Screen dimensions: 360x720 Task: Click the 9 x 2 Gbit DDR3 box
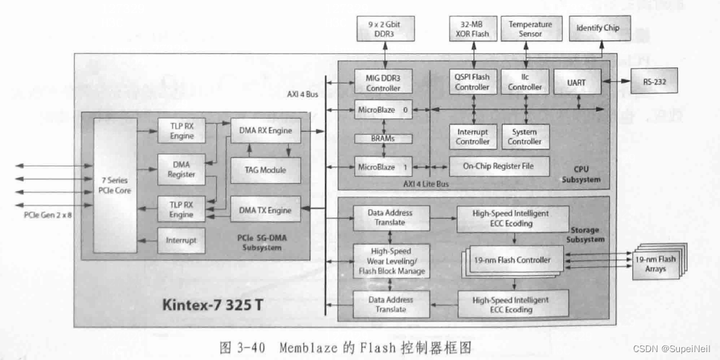click(384, 29)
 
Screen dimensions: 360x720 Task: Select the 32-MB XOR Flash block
click(472, 29)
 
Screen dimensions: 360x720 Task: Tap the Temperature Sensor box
click(530, 29)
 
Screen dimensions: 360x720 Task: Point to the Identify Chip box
click(598, 28)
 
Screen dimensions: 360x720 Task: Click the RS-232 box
click(654, 83)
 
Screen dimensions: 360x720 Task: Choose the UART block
click(576, 83)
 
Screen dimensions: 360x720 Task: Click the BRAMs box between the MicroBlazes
click(383, 139)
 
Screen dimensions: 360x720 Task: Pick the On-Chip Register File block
click(500, 167)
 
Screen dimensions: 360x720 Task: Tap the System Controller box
click(525, 136)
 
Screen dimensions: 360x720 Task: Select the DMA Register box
click(181, 170)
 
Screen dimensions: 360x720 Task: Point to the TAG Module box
click(264, 170)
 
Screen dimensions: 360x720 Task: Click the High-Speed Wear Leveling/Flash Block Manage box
click(391, 261)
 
